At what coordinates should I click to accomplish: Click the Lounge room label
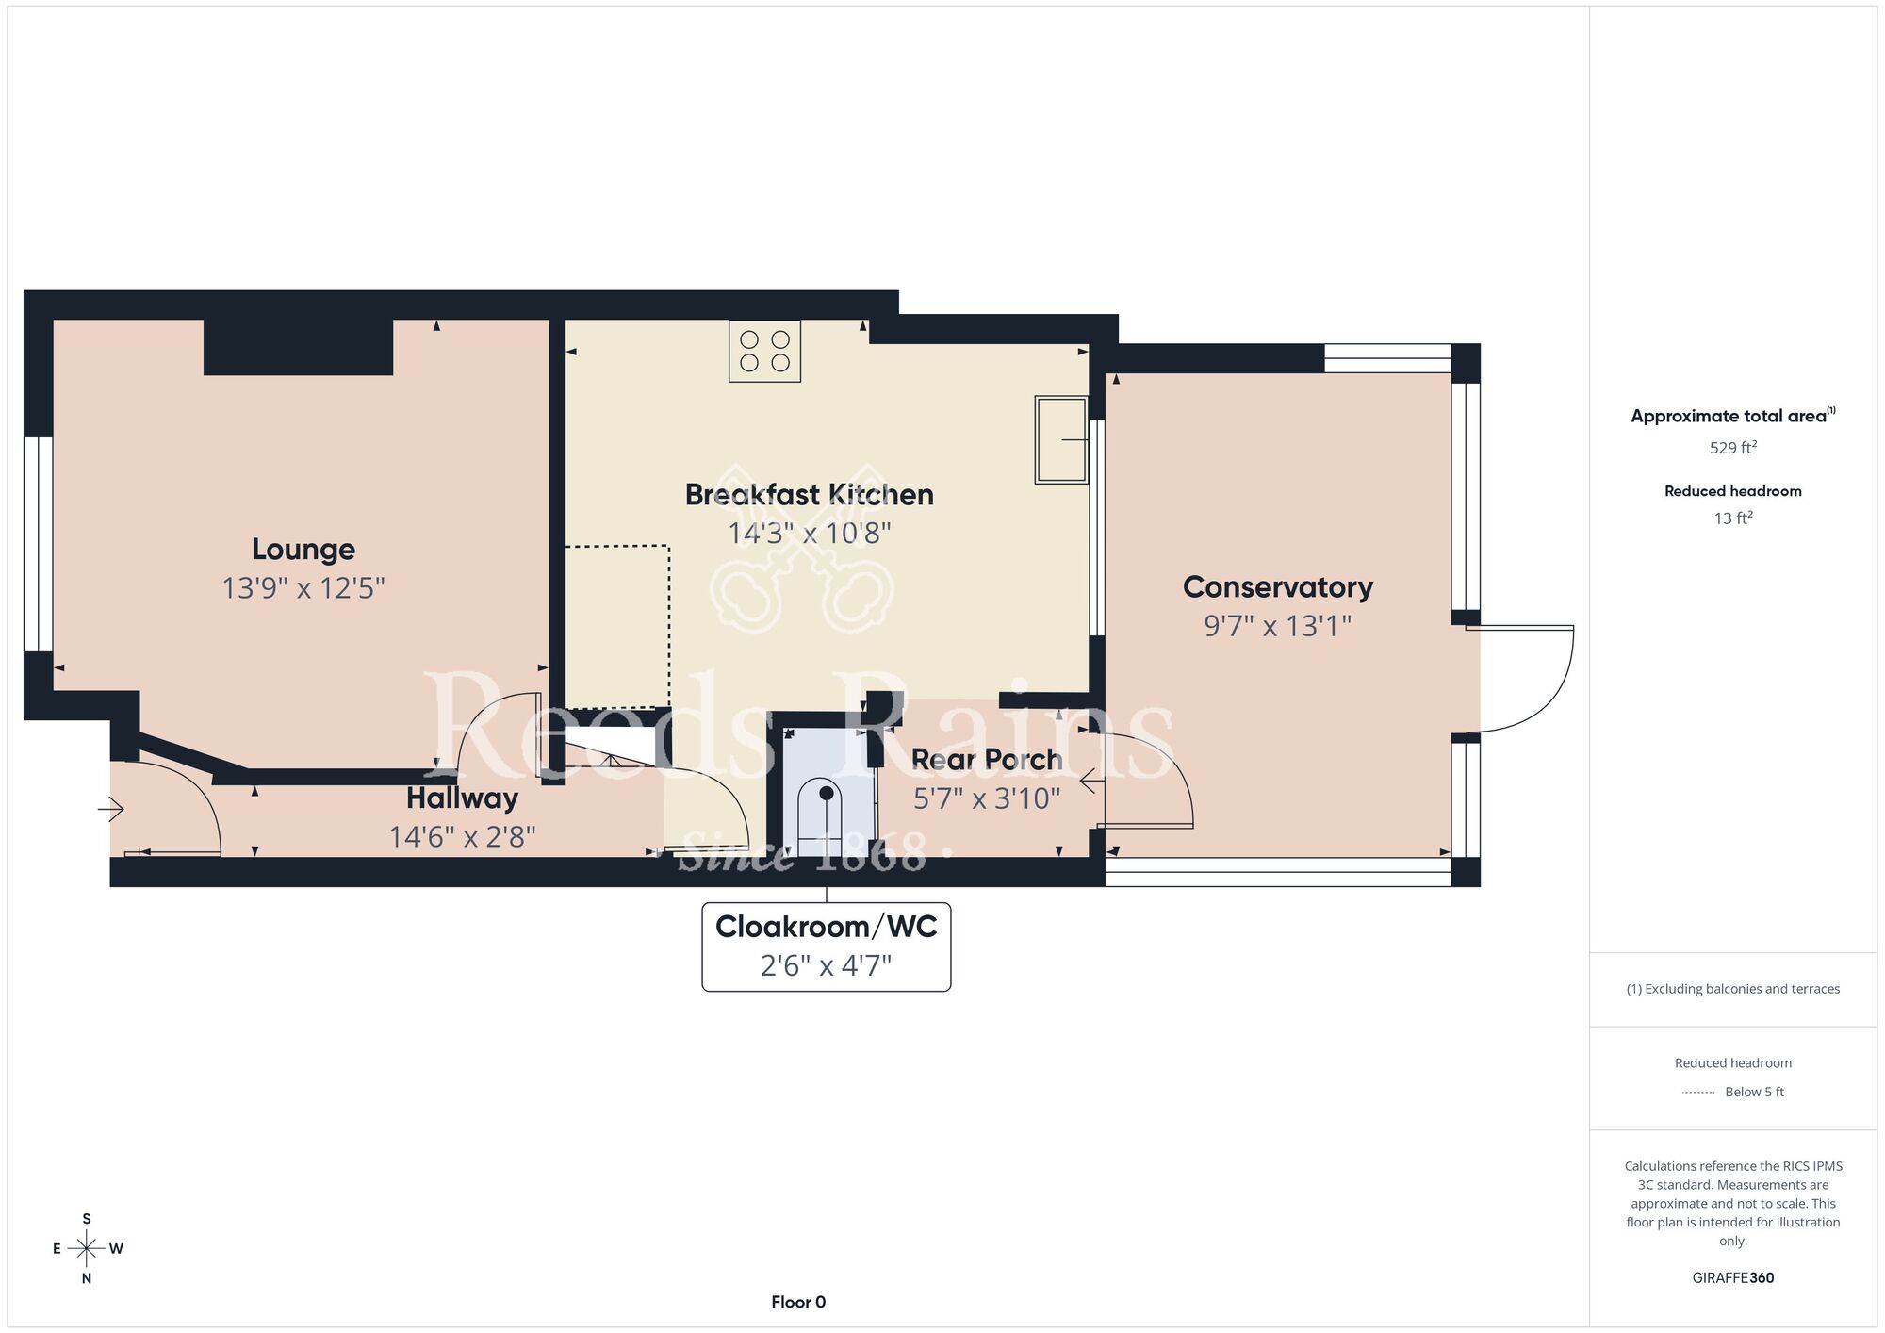tap(303, 549)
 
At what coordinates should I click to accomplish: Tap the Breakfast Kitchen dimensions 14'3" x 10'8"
tap(810, 534)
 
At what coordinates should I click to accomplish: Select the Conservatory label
tap(1278, 586)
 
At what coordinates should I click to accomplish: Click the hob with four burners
tap(764, 351)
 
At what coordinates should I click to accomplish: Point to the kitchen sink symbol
tap(1061, 439)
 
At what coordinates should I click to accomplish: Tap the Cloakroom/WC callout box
tap(827, 946)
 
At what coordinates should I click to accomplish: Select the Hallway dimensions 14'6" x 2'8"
tap(462, 836)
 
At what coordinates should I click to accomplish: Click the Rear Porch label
tap(987, 759)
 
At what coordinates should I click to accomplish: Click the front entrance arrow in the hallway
tap(111, 809)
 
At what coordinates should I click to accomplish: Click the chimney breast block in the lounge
tap(298, 347)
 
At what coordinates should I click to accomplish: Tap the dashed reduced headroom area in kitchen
tap(617, 627)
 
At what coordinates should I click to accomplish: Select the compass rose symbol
tap(87, 1249)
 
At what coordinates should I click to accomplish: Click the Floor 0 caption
tap(798, 1302)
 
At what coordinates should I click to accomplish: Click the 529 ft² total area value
tap(1733, 447)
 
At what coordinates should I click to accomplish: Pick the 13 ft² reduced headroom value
tap(1733, 518)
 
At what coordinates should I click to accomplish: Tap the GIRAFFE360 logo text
tap(1733, 1278)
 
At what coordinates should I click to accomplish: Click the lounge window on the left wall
tap(39, 544)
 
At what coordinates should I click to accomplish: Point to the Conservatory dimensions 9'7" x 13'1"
tap(1278, 626)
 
